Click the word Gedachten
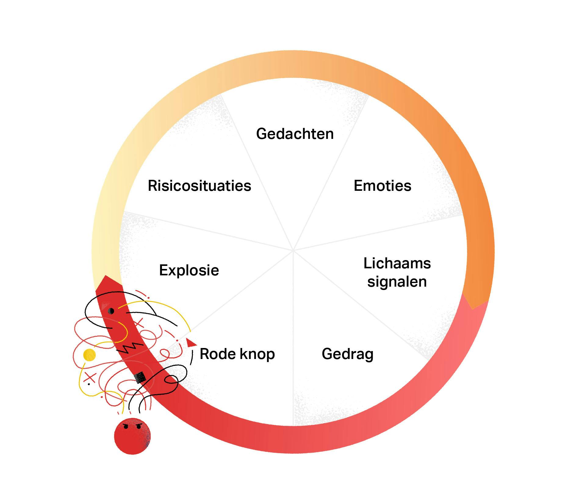[x=295, y=134]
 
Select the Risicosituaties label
[x=199, y=186]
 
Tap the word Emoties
[x=382, y=186]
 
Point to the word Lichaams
[x=397, y=263]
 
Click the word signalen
[x=397, y=282]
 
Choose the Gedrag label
[x=347, y=354]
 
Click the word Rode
[x=218, y=354]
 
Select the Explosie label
[x=189, y=270]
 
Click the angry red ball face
[x=132, y=436]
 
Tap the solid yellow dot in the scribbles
[x=89, y=355]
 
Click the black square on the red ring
[x=140, y=378]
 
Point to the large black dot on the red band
[x=111, y=311]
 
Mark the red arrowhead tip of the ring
[x=106, y=277]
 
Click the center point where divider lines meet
[x=293, y=251]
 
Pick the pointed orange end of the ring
[x=473, y=308]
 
